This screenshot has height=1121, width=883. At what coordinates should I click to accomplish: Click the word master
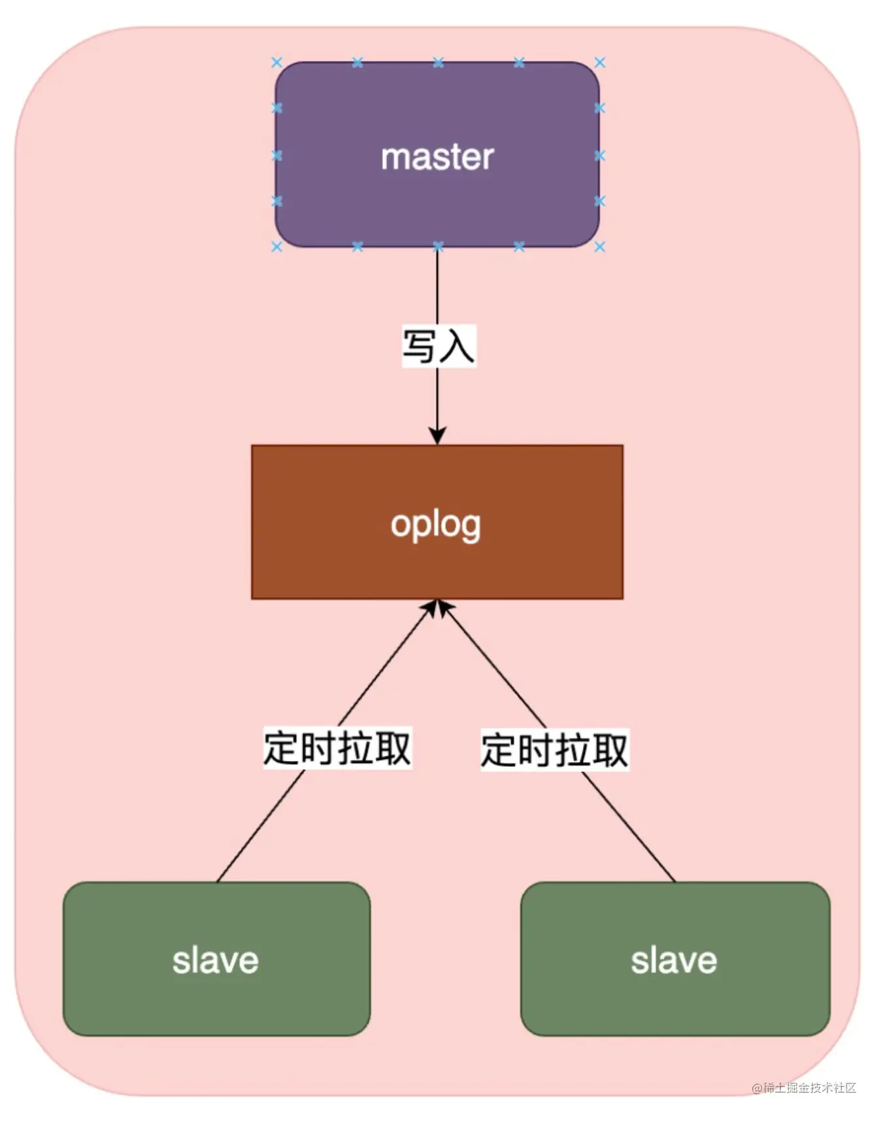click(437, 158)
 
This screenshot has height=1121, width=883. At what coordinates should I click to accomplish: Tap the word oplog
click(436, 525)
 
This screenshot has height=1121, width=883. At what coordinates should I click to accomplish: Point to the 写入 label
click(438, 346)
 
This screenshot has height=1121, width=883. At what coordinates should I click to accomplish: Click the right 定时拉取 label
click(554, 750)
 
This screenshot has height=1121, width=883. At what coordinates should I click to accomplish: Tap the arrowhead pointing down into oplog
click(437, 435)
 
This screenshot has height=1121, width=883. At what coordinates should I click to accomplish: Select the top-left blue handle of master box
click(276, 63)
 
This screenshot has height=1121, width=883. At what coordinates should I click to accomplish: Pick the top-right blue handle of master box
click(599, 63)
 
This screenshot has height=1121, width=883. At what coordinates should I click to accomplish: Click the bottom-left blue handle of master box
click(276, 246)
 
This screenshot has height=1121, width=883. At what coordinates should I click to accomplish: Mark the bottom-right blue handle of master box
click(599, 246)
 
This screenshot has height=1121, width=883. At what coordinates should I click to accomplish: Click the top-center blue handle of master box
click(438, 63)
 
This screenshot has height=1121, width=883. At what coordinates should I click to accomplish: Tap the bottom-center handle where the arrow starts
click(438, 246)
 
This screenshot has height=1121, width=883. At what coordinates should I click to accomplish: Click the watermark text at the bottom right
click(804, 1088)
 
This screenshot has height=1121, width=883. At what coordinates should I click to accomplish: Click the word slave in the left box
click(216, 961)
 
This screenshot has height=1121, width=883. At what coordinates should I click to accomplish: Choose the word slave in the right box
click(674, 961)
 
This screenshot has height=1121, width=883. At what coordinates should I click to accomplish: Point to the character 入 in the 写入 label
click(456, 346)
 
